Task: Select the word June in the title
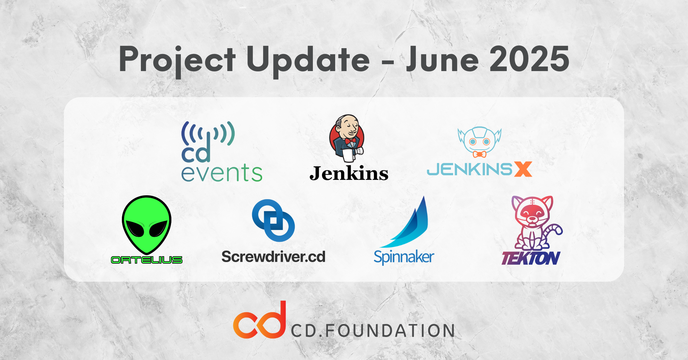point(442,59)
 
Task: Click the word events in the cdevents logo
point(222,173)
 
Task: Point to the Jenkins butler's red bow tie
point(350,141)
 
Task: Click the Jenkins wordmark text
point(349,173)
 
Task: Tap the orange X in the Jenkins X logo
point(523,169)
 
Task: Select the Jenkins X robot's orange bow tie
point(479,154)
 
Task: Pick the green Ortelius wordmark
point(147,260)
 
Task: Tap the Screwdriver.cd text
point(273,256)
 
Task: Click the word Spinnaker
point(404,257)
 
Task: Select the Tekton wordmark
point(531,258)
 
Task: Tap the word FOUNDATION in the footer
point(390,331)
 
